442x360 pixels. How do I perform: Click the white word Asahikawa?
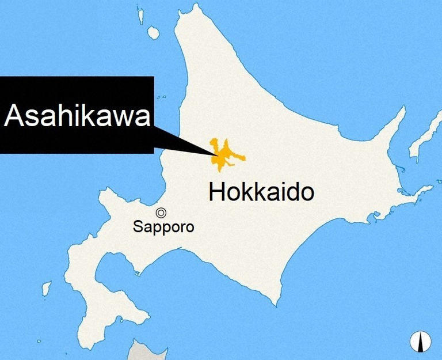click(x=77, y=115)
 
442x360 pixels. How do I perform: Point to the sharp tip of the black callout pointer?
click(x=217, y=154)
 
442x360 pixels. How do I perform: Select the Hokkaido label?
click(x=261, y=192)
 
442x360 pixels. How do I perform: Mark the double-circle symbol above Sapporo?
click(x=161, y=212)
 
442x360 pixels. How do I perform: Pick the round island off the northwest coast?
click(x=153, y=33)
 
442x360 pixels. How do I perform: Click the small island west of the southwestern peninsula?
click(x=47, y=287)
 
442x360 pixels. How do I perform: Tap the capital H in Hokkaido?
click(x=218, y=192)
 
